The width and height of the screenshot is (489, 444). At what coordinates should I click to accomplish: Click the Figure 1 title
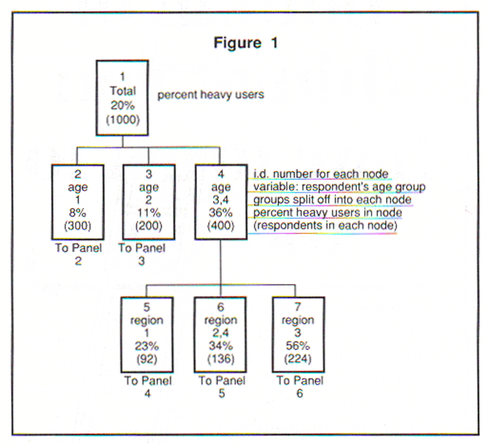point(246,43)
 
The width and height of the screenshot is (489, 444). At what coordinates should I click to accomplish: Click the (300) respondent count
point(78,226)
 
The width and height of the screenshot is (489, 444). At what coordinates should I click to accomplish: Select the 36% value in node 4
point(220,214)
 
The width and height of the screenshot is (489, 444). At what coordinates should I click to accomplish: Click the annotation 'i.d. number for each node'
point(321,174)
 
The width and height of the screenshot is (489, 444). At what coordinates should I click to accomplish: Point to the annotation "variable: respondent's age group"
point(339,187)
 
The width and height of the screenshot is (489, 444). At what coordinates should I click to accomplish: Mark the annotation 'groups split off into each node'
point(333,200)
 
